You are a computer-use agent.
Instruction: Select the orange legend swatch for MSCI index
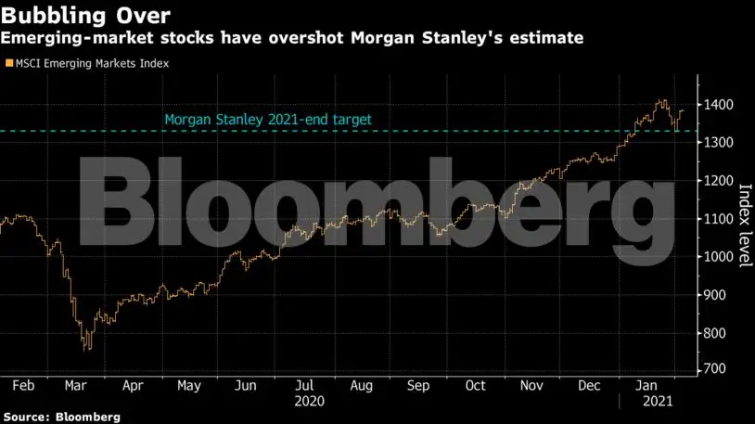[8, 64]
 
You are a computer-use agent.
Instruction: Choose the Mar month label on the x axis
[77, 385]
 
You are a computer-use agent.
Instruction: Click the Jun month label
[246, 385]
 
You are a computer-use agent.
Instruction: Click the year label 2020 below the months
[309, 404]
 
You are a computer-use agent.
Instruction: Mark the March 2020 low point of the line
[86, 349]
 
